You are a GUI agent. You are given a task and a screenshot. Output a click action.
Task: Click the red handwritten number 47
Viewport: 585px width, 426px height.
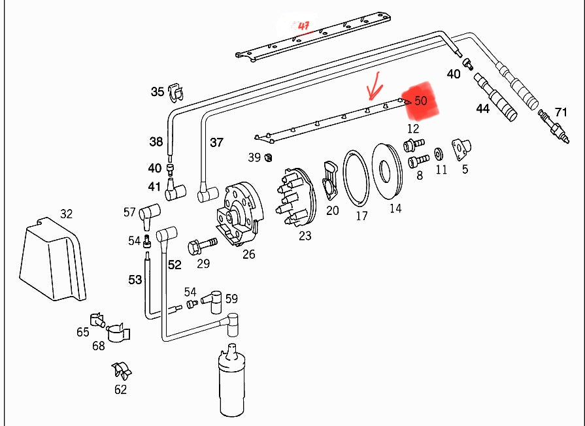point(303,26)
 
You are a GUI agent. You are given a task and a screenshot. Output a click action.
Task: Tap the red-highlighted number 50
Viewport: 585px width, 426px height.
point(420,101)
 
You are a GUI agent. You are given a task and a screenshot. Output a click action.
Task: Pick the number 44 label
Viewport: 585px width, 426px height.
point(482,108)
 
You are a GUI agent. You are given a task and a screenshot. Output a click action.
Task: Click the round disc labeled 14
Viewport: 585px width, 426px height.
point(387,171)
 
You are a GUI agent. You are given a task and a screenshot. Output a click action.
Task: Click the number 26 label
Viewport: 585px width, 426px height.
point(248,254)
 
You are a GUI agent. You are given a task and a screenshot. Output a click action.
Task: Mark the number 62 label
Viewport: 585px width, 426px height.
point(120,390)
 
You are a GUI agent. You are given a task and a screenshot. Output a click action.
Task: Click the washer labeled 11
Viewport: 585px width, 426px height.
point(438,154)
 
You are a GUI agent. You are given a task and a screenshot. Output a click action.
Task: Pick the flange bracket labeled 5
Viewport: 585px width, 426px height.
point(461,148)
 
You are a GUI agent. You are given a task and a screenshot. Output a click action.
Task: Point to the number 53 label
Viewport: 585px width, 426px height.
point(135,280)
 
